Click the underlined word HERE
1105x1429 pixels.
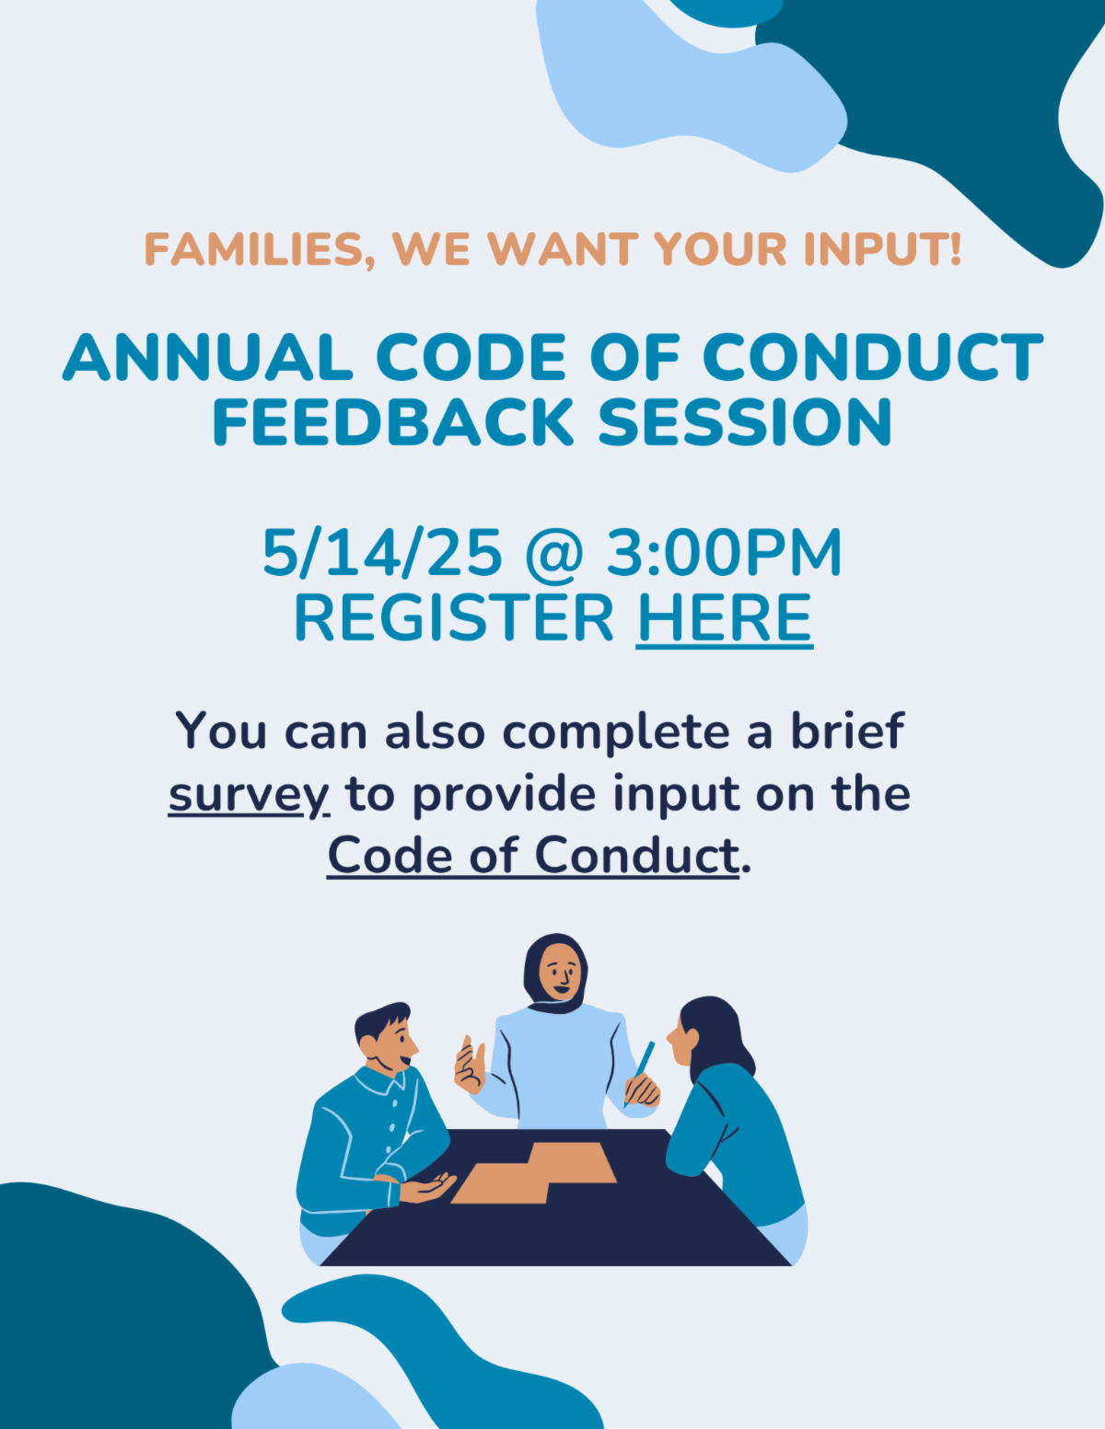(x=724, y=618)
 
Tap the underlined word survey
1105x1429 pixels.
(x=249, y=795)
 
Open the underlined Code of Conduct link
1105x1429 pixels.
(x=533, y=856)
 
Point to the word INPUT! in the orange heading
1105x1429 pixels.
(x=883, y=249)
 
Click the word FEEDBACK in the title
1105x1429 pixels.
(x=393, y=421)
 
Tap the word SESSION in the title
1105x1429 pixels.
(x=745, y=421)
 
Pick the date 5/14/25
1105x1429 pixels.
(x=382, y=553)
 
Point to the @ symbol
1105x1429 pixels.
(x=554, y=554)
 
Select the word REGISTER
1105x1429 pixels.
(x=453, y=618)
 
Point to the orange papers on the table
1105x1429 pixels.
(x=533, y=1172)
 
